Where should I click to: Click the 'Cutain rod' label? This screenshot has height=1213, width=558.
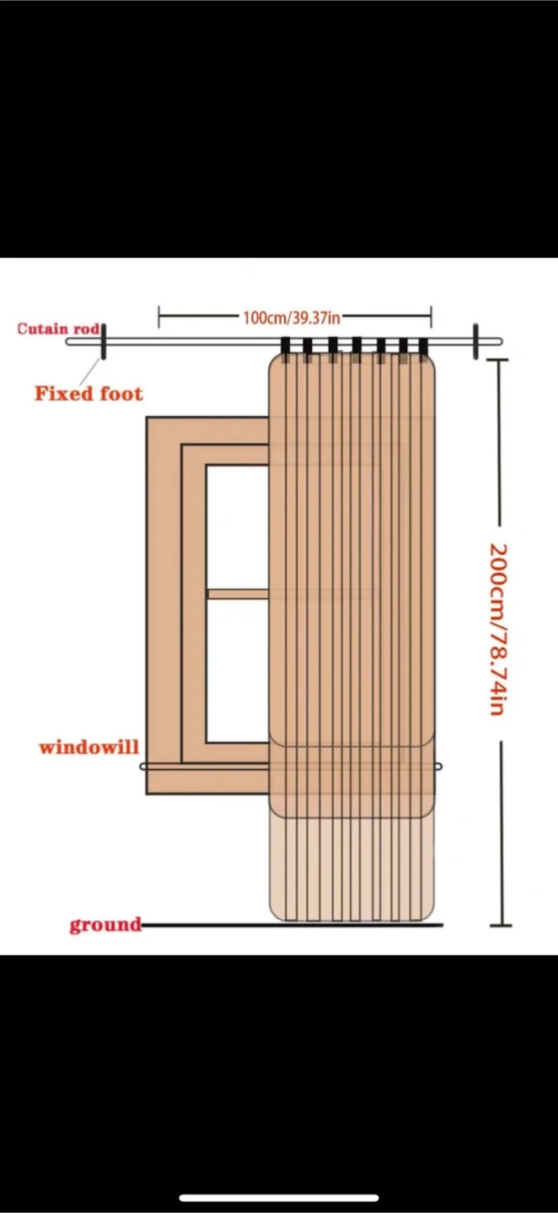click(58, 329)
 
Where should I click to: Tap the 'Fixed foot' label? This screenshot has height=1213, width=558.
click(89, 393)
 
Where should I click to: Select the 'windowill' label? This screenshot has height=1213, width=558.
click(89, 747)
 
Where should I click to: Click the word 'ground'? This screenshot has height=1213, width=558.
click(105, 925)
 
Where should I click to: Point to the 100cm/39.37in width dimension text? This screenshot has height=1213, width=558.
click(292, 318)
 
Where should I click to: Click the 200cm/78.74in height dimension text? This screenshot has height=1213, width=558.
click(498, 629)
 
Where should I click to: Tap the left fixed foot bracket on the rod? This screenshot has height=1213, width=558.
click(102, 341)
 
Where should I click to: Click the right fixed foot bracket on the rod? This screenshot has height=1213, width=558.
click(475, 341)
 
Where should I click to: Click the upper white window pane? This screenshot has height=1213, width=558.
click(238, 526)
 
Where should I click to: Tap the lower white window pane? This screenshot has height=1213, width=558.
click(238, 671)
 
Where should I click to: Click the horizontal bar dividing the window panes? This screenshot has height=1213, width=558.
click(239, 594)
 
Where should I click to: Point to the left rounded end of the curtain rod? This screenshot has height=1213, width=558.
click(69, 342)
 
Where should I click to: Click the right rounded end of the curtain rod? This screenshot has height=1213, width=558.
click(499, 342)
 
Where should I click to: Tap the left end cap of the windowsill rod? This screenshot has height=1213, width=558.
click(143, 767)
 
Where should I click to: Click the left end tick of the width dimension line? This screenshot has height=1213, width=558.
click(158, 317)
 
